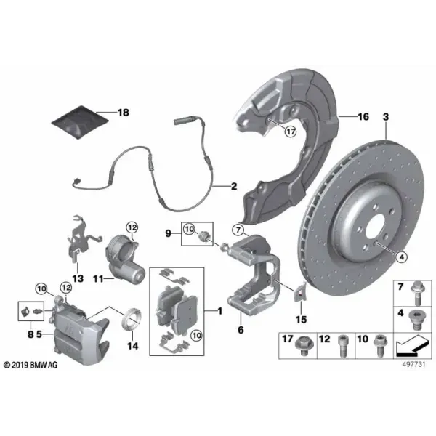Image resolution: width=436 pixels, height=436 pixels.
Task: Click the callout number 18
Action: click(x=124, y=113)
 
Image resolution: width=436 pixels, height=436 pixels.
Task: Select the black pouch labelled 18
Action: click(x=80, y=122)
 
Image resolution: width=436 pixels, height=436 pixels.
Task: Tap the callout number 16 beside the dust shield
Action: click(x=363, y=117)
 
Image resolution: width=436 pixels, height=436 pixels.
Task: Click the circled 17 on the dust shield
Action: click(x=291, y=132)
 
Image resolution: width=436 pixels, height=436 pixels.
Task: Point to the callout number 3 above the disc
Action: click(x=386, y=117)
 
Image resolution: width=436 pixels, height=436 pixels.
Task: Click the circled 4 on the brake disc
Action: click(x=402, y=257)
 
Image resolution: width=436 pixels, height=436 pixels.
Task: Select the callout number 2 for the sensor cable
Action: click(x=234, y=186)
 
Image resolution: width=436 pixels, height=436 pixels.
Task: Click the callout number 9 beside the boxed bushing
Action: click(x=169, y=233)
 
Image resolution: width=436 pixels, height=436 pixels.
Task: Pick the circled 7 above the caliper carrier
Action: click(x=238, y=230)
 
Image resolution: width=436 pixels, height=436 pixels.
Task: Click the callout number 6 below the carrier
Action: click(x=241, y=330)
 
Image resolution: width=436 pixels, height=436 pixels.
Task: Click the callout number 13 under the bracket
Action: click(x=78, y=278)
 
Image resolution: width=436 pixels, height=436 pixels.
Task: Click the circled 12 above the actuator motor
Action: click(x=132, y=228)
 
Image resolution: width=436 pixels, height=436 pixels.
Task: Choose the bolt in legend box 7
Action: click(x=417, y=293)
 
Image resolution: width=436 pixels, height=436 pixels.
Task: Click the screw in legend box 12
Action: click(x=342, y=346)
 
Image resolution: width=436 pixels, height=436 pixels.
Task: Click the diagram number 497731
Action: click(x=414, y=364)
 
